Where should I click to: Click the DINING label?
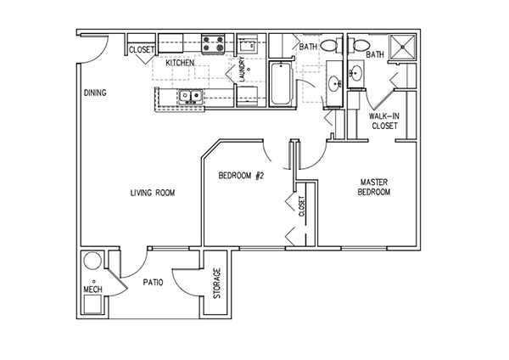click(94, 93)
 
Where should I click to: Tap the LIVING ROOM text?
click(153, 193)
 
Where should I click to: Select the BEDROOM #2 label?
click(243, 176)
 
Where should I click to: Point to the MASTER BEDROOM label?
click(374, 188)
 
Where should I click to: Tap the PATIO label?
click(153, 281)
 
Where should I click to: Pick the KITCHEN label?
click(180, 63)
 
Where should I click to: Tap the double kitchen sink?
click(189, 97)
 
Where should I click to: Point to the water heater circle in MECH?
click(93, 262)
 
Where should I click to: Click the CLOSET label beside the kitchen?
click(141, 49)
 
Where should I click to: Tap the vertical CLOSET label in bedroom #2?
click(301, 207)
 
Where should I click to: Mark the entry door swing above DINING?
click(96, 50)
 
